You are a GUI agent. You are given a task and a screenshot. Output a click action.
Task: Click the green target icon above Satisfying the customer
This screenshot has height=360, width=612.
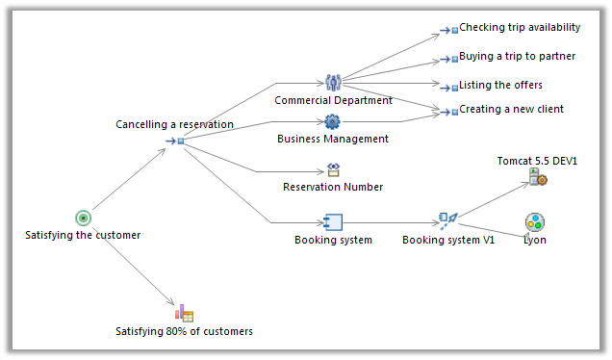click(x=83, y=219)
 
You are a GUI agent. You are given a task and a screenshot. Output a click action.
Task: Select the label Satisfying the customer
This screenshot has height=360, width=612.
click(x=83, y=235)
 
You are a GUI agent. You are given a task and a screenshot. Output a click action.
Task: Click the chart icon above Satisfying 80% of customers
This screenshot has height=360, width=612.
click(x=184, y=313)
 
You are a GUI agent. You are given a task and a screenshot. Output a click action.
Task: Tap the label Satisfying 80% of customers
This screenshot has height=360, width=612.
click(x=184, y=331)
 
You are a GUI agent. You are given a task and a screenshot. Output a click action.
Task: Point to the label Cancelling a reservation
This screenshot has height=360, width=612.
click(x=174, y=124)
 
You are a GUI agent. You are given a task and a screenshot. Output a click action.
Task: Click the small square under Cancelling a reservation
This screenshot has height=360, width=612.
click(x=180, y=141)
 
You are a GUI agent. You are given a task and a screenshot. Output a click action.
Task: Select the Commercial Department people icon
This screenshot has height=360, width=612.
click(x=333, y=83)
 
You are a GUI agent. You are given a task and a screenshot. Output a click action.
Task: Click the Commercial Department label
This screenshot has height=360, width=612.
click(x=333, y=100)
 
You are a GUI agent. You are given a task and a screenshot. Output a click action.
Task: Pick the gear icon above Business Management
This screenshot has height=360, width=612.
click(x=333, y=121)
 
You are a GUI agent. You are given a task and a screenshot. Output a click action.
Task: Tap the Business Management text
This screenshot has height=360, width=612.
click(x=333, y=139)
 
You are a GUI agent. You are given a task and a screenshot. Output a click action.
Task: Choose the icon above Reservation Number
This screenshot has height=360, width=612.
click(x=333, y=169)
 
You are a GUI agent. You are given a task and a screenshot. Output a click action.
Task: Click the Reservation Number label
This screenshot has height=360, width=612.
click(x=333, y=187)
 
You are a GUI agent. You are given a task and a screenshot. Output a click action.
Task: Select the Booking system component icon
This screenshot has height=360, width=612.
click(x=333, y=221)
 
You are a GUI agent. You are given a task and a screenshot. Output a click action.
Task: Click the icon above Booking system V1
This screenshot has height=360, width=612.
click(x=447, y=221)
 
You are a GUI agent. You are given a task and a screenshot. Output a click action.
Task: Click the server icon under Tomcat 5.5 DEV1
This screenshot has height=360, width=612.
click(x=537, y=176)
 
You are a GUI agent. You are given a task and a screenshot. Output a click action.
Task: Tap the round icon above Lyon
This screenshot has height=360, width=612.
click(x=535, y=222)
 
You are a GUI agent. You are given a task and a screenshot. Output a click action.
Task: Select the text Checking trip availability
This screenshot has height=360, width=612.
click(x=519, y=28)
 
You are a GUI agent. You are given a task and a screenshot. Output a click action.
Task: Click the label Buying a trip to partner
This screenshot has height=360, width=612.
click(x=517, y=57)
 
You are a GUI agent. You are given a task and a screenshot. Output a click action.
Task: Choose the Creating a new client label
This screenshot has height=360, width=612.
click(x=511, y=110)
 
